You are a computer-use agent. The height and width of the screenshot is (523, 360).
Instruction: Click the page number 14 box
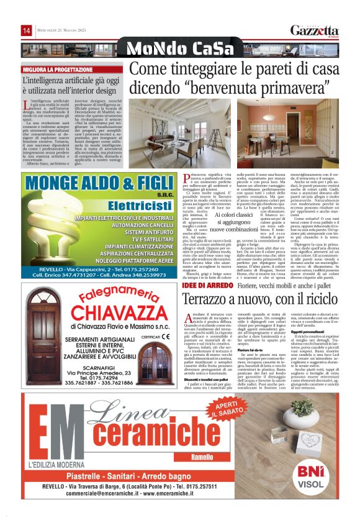pyautogui.click(x=27, y=30)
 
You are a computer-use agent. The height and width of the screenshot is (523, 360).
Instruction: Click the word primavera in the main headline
pyautogui.click(x=297, y=88)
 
